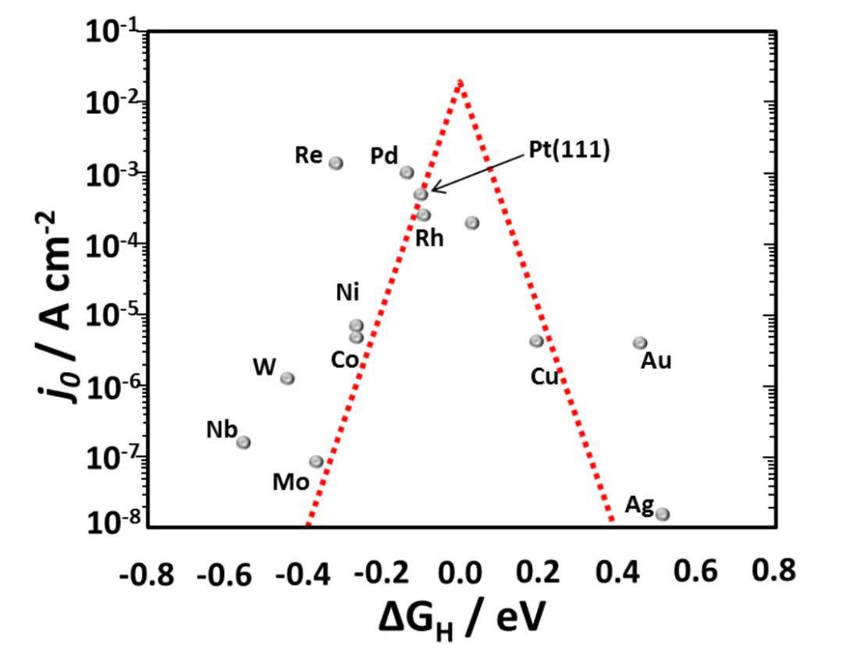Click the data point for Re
coord(336,163)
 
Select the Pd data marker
coord(407,173)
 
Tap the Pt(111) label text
coord(568,151)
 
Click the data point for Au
coord(640,343)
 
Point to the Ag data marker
coord(663,514)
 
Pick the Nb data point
coord(244,442)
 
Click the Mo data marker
coord(316,462)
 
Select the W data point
coord(287,378)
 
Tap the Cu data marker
coord(536,341)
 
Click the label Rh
coord(429,237)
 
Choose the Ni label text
coord(347,293)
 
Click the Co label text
coord(346,360)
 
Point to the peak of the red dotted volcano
coord(461,81)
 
